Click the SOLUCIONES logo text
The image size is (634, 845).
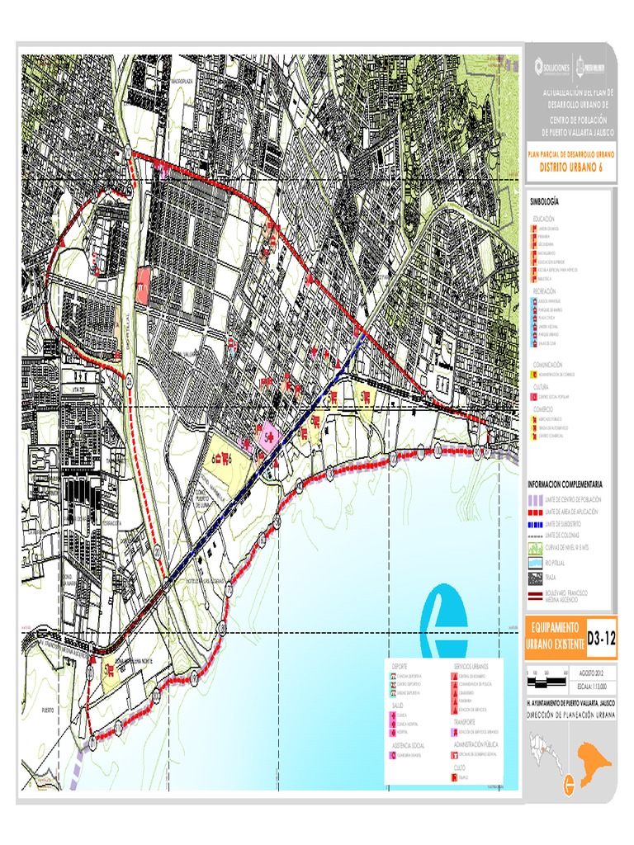(x=552, y=68)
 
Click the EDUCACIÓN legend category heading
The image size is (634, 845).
(x=545, y=218)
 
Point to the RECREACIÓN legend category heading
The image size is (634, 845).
(x=544, y=291)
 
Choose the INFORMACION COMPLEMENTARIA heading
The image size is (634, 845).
(x=570, y=484)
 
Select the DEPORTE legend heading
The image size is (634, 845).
(x=400, y=664)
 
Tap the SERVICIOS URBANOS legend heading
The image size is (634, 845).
(x=471, y=664)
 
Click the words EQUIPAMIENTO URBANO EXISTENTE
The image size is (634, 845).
(x=554, y=636)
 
